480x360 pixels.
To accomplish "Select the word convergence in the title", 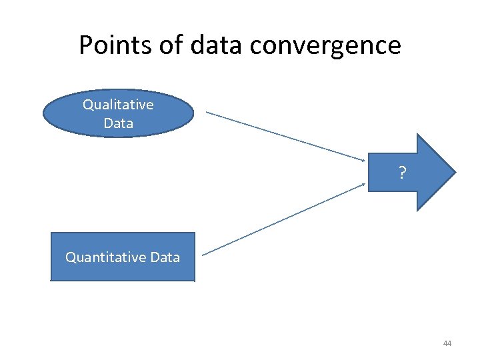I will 326,45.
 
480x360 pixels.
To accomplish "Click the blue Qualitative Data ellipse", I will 118,113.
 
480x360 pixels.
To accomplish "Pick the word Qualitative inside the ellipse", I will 118,105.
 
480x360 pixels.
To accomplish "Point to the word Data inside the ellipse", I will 118,123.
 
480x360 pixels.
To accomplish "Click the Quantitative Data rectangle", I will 123,257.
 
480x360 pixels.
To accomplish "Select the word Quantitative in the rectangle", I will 105,257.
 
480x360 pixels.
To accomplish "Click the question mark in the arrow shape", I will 402,174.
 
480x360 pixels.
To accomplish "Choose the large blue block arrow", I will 410,172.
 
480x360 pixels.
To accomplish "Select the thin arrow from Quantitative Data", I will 283,219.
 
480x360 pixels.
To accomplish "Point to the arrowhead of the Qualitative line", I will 363,160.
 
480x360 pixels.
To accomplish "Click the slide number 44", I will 447,343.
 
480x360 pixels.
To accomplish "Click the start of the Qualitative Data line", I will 207,112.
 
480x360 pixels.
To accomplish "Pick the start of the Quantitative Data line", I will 203,254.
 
